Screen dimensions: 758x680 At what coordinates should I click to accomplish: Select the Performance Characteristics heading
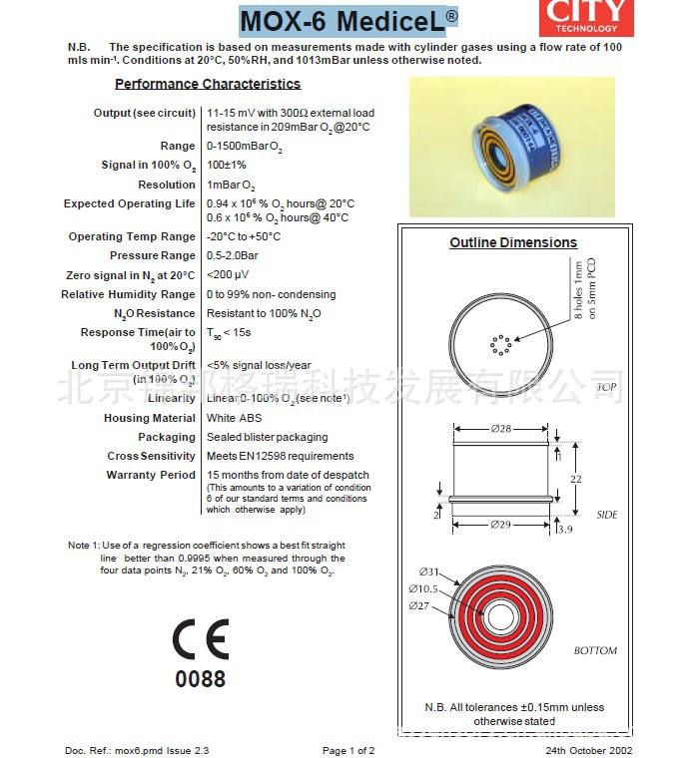pos(208,84)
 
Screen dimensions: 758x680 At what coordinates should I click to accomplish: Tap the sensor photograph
pos(513,147)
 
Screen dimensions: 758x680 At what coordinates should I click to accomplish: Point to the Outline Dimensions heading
pos(513,242)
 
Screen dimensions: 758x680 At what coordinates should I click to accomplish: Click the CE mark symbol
pos(201,638)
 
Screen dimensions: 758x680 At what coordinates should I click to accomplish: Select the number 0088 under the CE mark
pos(201,679)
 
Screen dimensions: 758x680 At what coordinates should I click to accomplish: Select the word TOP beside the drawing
pos(606,387)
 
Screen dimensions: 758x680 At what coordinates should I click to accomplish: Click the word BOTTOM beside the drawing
pos(595,650)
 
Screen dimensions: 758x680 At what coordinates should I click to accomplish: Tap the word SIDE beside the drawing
pos(607,515)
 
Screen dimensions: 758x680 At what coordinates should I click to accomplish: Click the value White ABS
pos(235,418)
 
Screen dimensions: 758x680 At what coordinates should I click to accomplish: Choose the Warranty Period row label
pos(151,475)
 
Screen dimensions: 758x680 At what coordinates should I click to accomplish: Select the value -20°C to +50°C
pos(244,236)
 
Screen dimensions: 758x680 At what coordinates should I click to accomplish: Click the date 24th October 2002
pos(589,750)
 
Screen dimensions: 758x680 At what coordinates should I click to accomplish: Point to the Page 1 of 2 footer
pos(348,750)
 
